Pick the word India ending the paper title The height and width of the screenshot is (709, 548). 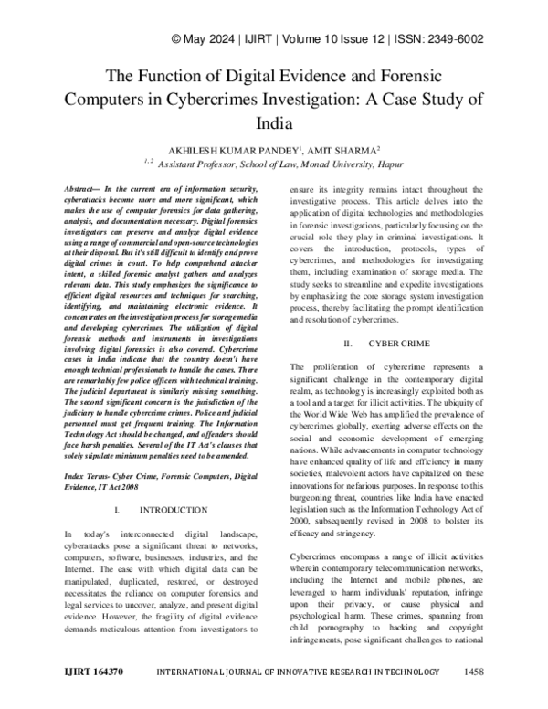click(x=274, y=121)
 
